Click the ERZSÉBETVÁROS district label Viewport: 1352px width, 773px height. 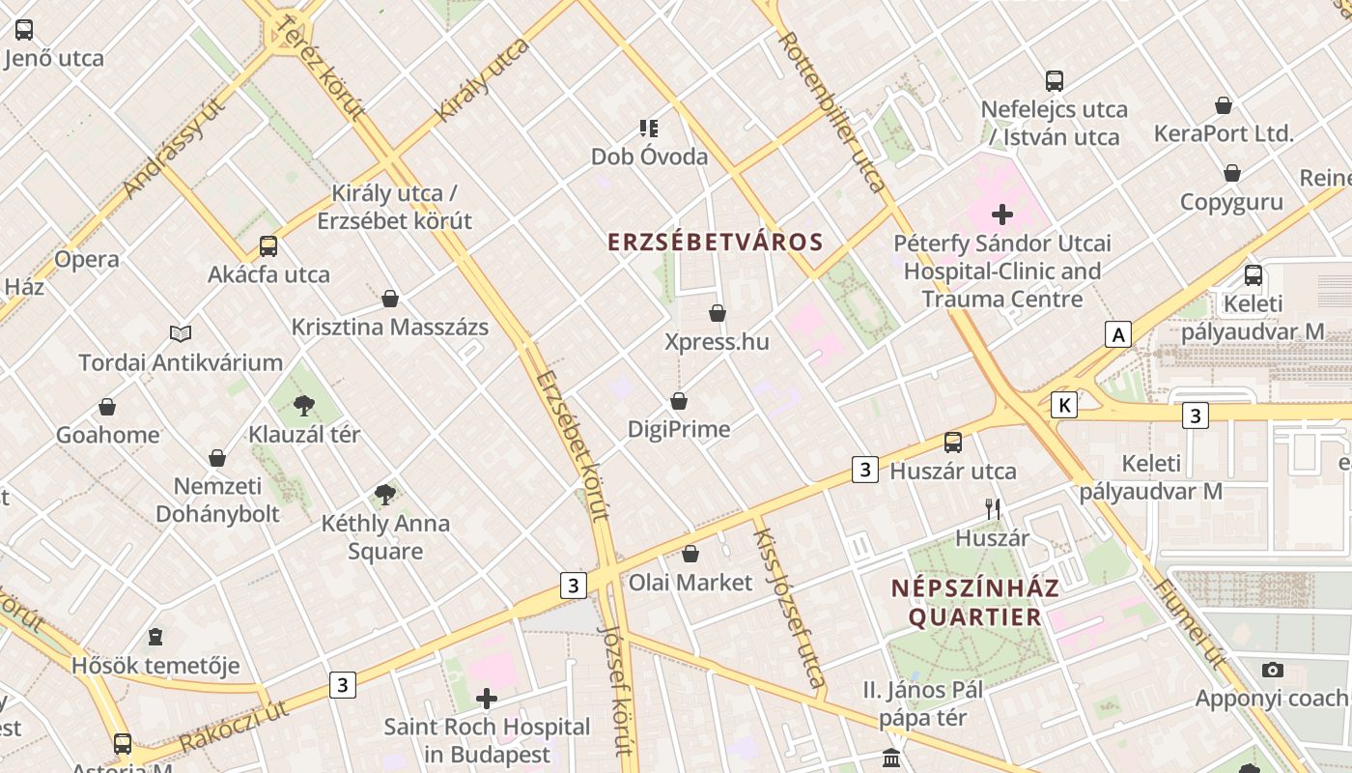click(715, 242)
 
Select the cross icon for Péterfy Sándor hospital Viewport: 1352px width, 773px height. click(1002, 214)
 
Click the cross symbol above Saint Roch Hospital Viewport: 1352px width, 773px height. click(487, 698)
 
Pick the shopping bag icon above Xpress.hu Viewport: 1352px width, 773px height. click(717, 313)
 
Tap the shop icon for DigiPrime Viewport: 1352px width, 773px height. click(679, 400)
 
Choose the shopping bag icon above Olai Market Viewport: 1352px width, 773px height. click(690, 554)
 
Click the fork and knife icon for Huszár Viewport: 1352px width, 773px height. click(992, 509)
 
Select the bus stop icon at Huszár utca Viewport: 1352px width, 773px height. click(952, 443)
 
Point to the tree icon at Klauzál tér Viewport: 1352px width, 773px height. click(303, 405)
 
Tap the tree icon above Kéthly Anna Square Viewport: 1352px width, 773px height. click(384, 496)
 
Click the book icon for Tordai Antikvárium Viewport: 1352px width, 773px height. click(181, 334)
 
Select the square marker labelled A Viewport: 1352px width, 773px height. click(1118, 335)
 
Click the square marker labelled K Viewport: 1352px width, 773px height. click(1064, 405)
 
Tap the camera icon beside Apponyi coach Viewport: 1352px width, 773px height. click(1273, 670)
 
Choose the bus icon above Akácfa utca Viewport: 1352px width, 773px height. click(268, 246)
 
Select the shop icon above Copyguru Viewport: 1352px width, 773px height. click(1231, 174)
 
